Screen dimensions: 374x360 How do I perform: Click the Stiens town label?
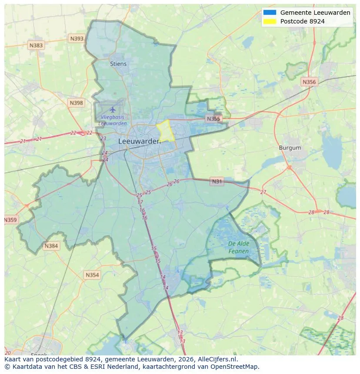(x=118, y=64)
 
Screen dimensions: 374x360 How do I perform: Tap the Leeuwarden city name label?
(x=139, y=141)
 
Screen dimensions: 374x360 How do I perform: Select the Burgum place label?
(x=290, y=148)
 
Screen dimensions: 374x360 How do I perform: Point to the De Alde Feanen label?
(x=239, y=248)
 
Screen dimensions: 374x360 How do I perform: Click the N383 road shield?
(x=36, y=45)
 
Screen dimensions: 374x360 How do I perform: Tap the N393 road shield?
(x=77, y=39)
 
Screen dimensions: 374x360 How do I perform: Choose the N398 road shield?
(x=76, y=103)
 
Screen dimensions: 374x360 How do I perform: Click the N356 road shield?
(x=309, y=82)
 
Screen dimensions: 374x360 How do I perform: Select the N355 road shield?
(x=213, y=119)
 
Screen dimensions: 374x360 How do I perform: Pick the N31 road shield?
(x=217, y=182)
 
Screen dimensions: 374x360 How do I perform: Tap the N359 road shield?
(x=10, y=220)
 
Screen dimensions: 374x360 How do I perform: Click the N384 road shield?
(x=51, y=246)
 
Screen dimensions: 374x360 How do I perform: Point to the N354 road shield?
(x=92, y=275)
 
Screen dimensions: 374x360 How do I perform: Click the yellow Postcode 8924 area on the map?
(x=166, y=130)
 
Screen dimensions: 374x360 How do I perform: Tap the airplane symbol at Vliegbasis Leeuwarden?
(x=113, y=109)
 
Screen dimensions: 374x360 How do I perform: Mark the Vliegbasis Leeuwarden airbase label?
(x=113, y=120)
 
